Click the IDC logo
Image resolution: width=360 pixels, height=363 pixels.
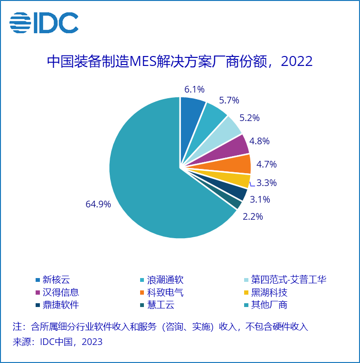pyautogui.click(x=44, y=22)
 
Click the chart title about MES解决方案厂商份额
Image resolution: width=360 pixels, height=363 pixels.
pyautogui.click(x=180, y=62)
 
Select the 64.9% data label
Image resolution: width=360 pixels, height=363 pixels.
pyautogui.click(x=98, y=205)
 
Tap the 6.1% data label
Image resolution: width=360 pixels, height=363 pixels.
pyautogui.click(x=194, y=89)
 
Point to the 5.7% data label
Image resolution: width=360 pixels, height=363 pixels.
pyautogui.click(x=228, y=100)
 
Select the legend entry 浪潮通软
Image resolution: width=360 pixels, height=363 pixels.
pyautogui.click(x=165, y=280)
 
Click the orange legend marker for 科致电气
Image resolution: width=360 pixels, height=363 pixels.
pyautogui.click(x=142, y=292)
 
